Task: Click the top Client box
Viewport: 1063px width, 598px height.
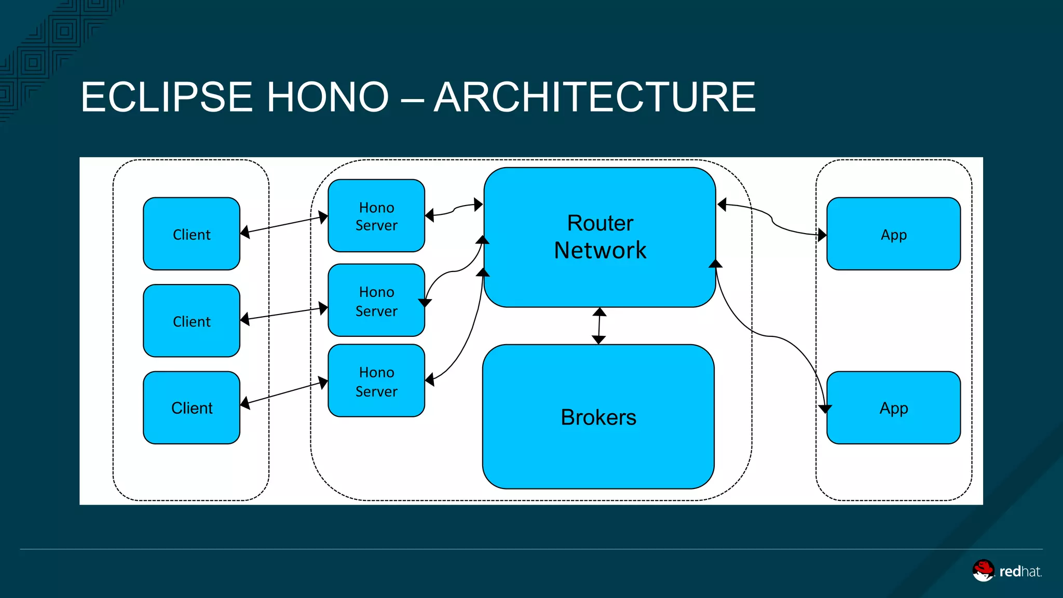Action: coord(192,234)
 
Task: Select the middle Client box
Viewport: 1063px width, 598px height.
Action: coord(192,321)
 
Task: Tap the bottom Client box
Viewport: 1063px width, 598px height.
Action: coord(192,407)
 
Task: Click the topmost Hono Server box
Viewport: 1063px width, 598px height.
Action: coord(376,216)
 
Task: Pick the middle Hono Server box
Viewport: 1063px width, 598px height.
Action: coord(376,301)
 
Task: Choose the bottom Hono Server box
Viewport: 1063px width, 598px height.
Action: coord(376,381)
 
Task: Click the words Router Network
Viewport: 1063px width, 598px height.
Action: coord(600,237)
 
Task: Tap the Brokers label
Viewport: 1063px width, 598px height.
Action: coord(598,417)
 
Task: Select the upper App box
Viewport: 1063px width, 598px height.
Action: coord(893,234)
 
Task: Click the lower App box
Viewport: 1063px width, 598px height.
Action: coord(893,407)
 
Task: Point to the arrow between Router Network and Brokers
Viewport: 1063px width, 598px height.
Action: coord(599,326)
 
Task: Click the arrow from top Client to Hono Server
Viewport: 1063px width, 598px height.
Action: coord(284,224)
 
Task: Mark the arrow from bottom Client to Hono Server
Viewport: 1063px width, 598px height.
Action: coord(284,393)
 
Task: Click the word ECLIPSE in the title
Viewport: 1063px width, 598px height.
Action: coord(167,97)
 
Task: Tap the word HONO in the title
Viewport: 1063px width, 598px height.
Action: coord(328,97)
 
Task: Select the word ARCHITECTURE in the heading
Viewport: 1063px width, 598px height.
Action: coord(595,97)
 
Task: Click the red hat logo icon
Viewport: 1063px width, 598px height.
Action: coord(983,570)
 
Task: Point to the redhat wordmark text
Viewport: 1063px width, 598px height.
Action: coord(1020,572)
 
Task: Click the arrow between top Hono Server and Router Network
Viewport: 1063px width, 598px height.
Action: coord(454,210)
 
